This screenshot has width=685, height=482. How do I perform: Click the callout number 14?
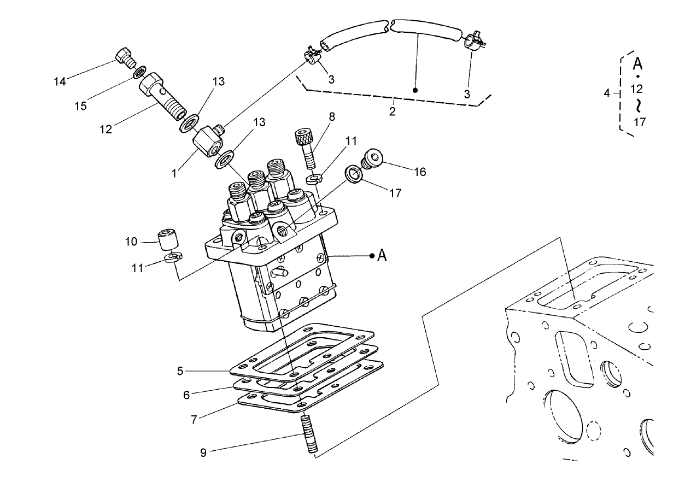[60, 81]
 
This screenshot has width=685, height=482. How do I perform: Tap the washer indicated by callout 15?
[140, 70]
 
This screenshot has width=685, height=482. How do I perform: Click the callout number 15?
[80, 105]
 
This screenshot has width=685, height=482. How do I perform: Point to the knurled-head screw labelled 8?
[305, 144]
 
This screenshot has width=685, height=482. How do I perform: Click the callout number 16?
[419, 172]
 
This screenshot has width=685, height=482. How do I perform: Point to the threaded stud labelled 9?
[309, 434]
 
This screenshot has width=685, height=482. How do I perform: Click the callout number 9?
[203, 453]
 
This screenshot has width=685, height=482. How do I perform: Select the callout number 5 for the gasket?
[180, 371]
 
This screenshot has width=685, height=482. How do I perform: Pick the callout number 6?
[186, 395]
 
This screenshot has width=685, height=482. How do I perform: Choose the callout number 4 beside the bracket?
[606, 93]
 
